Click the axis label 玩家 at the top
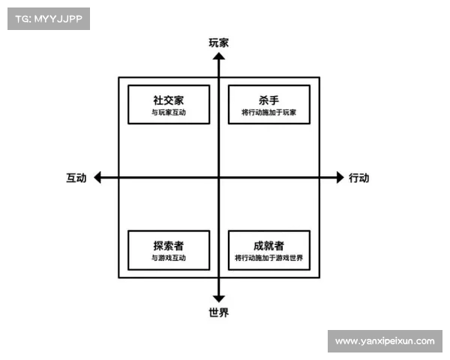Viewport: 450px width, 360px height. [x=218, y=43]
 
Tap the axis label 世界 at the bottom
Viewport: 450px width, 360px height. [x=218, y=312]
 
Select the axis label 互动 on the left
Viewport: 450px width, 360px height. [x=76, y=178]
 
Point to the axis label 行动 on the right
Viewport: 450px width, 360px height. [x=358, y=178]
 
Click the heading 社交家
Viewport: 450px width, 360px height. [x=168, y=100]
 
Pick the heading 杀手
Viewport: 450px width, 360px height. [x=268, y=100]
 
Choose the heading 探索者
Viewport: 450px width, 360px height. [x=168, y=245]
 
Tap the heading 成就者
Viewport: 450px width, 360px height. [x=268, y=245]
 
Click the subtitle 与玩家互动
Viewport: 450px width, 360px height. [x=168, y=113]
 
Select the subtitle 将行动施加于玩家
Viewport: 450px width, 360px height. [x=268, y=113]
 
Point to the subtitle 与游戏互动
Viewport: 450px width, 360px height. [x=168, y=259]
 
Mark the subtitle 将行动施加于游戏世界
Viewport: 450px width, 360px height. [x=268, y=259]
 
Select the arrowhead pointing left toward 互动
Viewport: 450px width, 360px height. [x=98, y=178]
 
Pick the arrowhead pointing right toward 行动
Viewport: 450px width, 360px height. [x=338, y=178]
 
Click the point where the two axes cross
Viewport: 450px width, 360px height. [x=218, y=178]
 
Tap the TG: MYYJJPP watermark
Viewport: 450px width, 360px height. [x=49, y=18]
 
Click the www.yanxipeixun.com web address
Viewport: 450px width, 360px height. [x=384, y=341]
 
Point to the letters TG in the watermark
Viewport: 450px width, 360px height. [x=22, y=18]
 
